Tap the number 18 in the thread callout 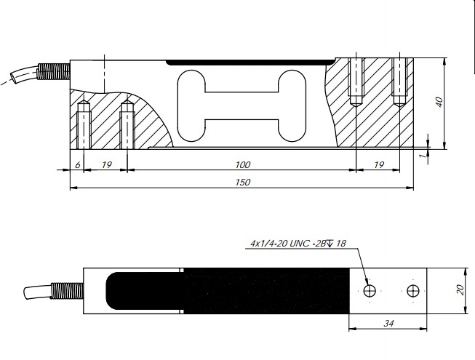point(340,244)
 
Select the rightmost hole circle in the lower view point(414,291)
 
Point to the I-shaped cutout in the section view point(241,103)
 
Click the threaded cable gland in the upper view point(55,71)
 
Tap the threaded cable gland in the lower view point(66,289)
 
